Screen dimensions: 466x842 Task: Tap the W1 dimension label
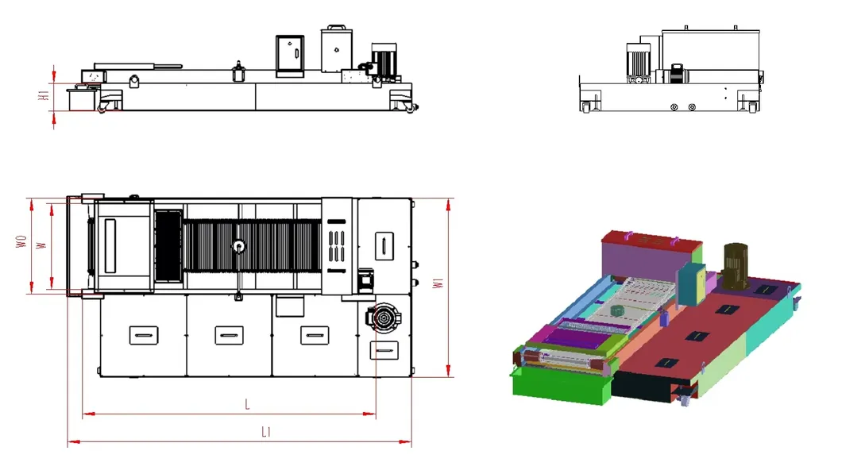click(436, 286)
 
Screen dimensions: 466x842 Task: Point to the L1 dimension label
click(267, 432)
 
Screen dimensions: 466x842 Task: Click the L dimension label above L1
click(247, 405)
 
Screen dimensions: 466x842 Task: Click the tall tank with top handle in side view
click(336, 50)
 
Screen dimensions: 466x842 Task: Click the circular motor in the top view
click(382, 319)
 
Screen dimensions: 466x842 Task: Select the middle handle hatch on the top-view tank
click(228, 335)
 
